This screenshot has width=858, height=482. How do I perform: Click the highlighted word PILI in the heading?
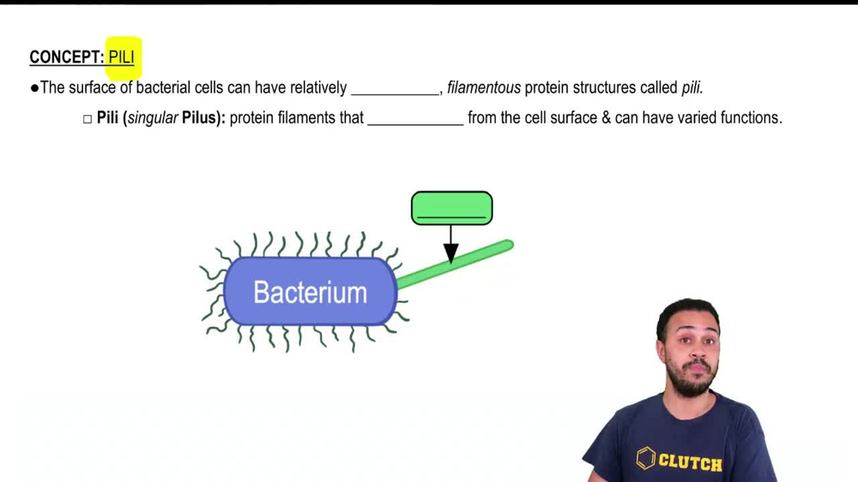[122, 57]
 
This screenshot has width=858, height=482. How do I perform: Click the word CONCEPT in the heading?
[65, 57]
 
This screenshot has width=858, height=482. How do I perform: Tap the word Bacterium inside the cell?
[310, 292]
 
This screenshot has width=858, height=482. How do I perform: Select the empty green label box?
[451, 208]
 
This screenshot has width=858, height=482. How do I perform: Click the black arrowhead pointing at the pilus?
[450, 253]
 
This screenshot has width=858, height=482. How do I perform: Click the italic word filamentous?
[483, 87]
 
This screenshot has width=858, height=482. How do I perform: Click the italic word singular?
[153, 117]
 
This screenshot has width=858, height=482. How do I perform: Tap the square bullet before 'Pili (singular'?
[88, 118]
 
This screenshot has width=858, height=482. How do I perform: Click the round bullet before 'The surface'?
[34, 87]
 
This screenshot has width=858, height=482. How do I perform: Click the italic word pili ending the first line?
[692, 87]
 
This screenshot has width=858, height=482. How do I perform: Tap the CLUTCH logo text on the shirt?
[690, 461]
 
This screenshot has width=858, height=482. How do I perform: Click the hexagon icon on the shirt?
[646, 458]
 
